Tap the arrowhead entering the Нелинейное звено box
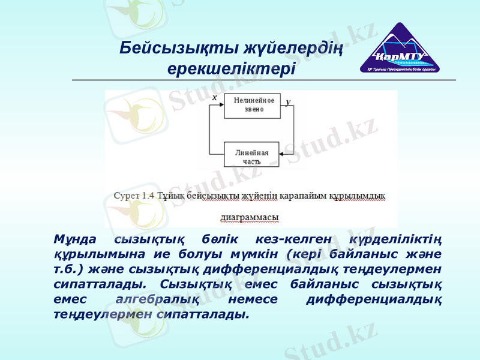pos(221,106)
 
